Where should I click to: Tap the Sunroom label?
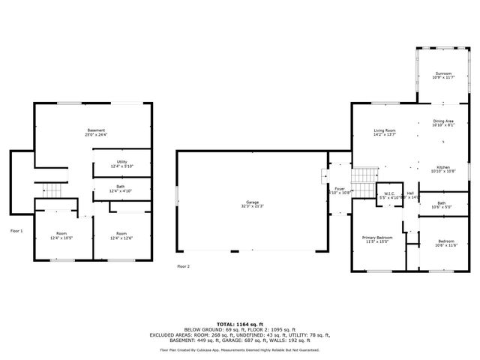tap(443, 75)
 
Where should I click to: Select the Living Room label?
tap(385, 133)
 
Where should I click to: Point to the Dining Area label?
tap(443, 123)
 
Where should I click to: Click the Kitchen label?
tap(444, 169)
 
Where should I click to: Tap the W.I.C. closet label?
tap(389, 195)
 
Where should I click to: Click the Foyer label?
tap(340, 190)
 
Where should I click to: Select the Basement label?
tap(96, 132)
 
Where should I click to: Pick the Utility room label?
tap(121, 163)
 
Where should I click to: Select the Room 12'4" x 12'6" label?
tap(121, 236)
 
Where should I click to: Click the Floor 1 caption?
tap(16, 231)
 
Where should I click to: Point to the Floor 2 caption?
tap(183, 266)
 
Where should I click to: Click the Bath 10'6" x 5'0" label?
tap(442, 205)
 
